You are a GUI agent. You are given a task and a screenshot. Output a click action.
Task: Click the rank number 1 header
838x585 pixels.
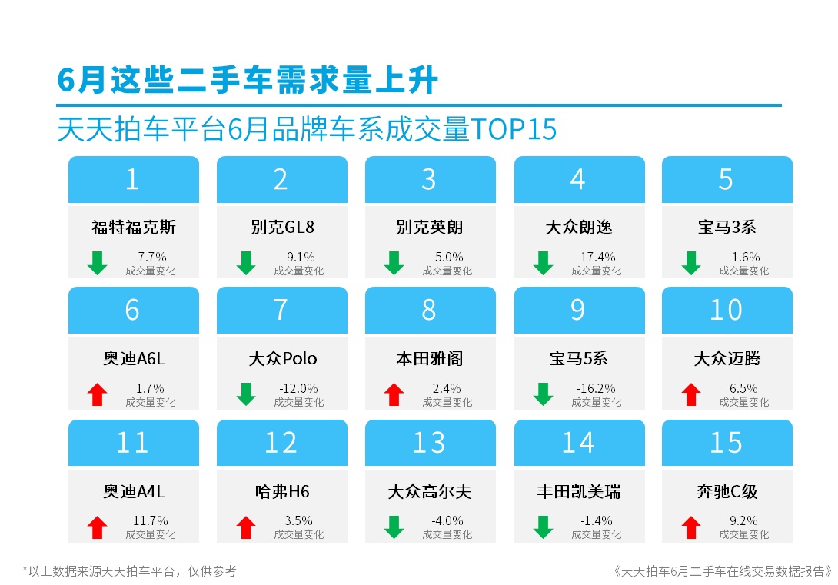point(133,180)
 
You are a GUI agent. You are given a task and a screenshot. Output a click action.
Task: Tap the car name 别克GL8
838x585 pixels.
point(282,227)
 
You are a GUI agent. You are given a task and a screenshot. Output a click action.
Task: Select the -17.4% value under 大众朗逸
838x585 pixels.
point(596,257)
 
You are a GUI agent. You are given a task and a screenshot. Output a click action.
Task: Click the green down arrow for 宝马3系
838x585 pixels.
point(691,263)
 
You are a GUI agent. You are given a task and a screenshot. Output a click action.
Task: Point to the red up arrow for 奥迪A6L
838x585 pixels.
point(98,394)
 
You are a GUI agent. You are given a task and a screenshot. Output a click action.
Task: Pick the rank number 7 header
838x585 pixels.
point(281,310)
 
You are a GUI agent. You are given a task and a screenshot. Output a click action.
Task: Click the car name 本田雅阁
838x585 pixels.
point(430,358)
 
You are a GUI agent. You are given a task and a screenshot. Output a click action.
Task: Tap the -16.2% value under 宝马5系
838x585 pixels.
point(596,388)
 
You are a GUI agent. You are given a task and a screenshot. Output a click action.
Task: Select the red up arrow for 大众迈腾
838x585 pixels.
point(691,394)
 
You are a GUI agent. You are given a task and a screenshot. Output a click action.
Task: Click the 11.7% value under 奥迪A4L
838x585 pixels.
point(150,520)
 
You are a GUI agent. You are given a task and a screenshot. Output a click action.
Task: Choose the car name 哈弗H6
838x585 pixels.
point(282,491)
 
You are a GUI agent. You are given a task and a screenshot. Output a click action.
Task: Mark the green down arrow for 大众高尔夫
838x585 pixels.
point(394,527)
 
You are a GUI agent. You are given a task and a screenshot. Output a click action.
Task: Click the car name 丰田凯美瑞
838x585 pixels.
point(579,491)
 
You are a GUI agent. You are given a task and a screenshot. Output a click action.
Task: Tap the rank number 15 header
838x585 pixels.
point(727,443)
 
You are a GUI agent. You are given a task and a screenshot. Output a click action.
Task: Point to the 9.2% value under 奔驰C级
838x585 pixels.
point(743,520)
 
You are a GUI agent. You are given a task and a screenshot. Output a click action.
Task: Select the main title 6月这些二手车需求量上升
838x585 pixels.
point(248,80)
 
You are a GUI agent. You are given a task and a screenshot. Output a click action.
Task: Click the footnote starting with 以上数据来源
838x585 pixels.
point(130,571)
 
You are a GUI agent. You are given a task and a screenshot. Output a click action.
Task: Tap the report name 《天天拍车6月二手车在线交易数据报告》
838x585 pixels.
point(723,571)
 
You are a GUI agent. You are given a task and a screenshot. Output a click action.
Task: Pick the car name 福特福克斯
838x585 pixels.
point(134,227)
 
